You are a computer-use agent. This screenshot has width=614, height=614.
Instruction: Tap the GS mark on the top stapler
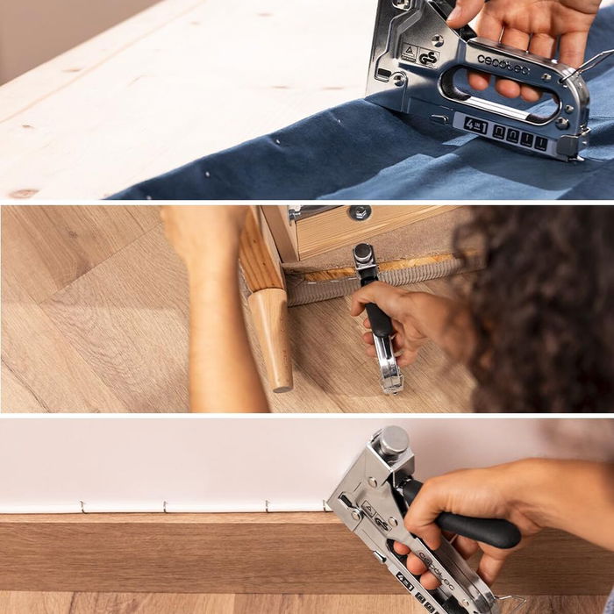tap(427, 58)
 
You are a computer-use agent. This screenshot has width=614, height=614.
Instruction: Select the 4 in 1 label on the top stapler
tap(475, 125)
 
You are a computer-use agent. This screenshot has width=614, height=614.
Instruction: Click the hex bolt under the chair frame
tap(358, 212)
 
